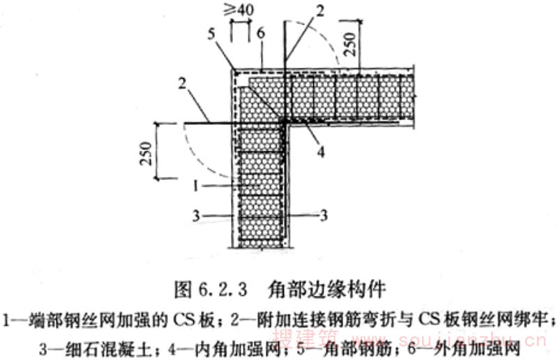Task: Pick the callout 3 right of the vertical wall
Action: pos(323,216)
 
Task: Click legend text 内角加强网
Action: pos(287,344)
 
